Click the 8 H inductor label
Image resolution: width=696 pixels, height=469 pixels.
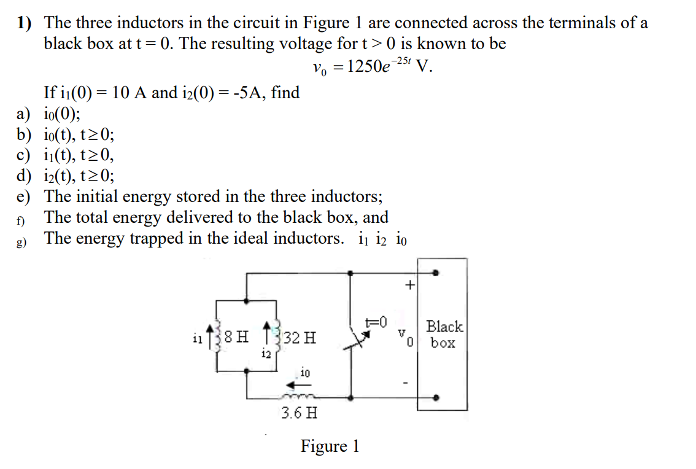pos(236,337)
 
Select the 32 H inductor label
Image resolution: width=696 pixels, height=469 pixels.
pos(301,337)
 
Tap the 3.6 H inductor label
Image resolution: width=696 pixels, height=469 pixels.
pos(300,412)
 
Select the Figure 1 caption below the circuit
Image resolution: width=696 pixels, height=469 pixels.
pos(330,446)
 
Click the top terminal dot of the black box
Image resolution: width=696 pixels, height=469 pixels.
pos(435,273)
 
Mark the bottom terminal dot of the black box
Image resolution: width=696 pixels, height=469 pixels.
pos(435,398)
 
